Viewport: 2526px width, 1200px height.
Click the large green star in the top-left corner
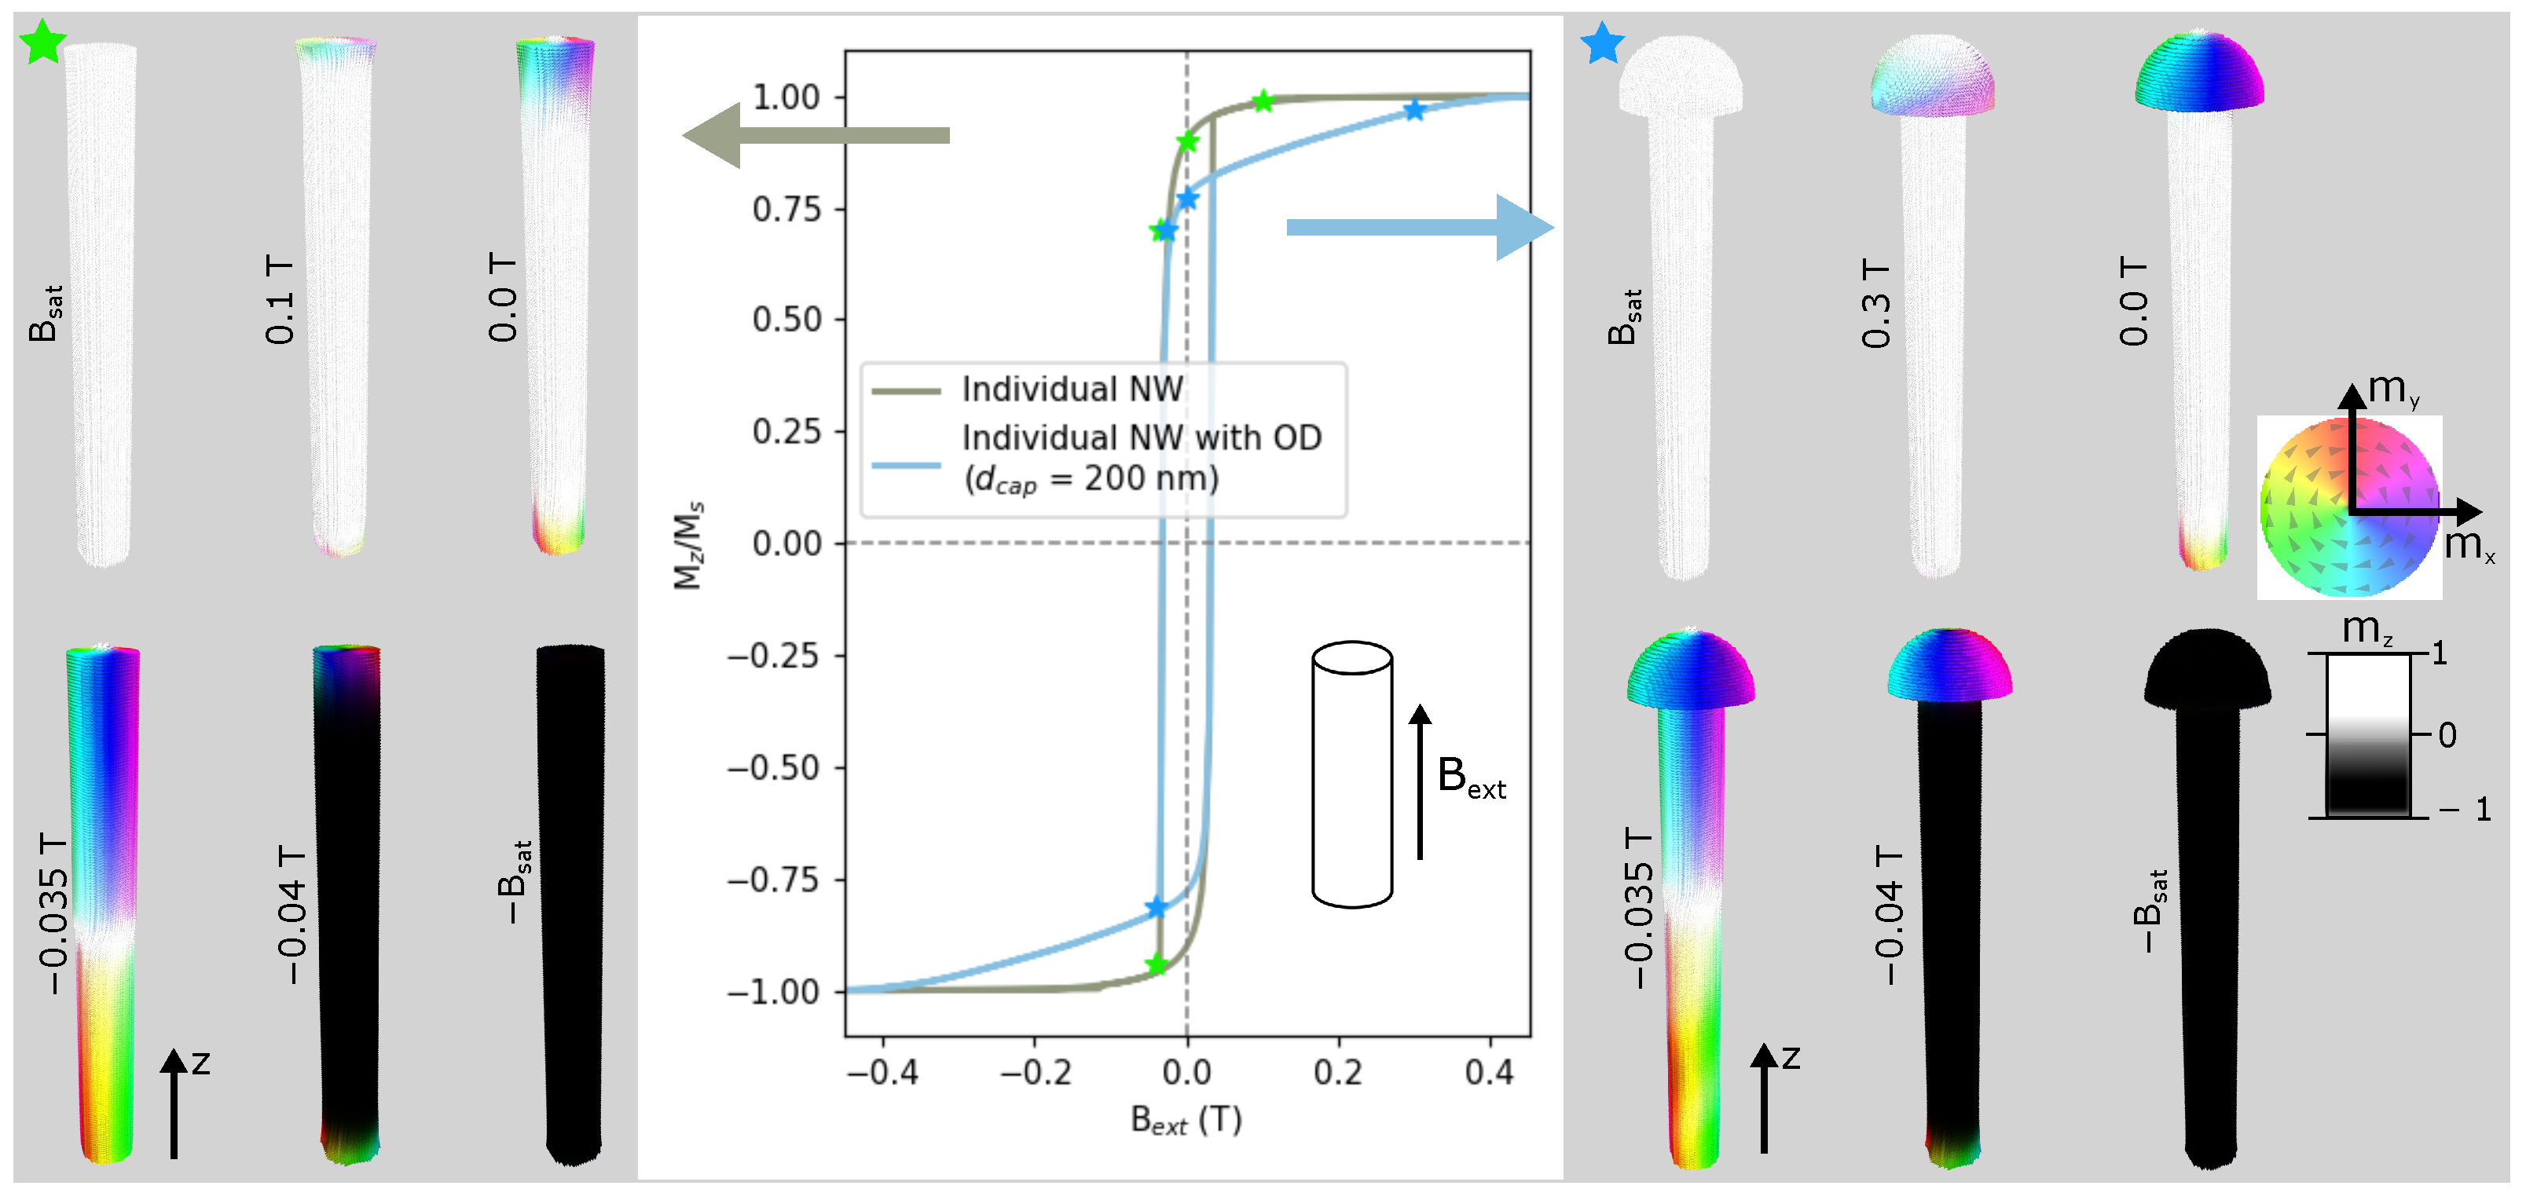[42, 43]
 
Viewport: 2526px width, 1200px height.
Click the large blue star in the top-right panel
[1602, 44]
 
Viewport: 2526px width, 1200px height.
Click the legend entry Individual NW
[1072, 390]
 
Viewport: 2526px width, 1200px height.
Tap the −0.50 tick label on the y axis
[772, 767]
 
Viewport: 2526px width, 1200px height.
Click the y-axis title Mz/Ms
[688, 545]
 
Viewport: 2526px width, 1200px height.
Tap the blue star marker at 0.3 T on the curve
[1413, 110]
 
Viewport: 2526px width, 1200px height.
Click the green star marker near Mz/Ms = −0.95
[1156, 964]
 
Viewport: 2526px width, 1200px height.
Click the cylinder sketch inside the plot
[1352, 774]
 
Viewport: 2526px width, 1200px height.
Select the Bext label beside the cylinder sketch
[1470, 777]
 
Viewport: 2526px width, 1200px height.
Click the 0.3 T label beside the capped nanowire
[1875, 304]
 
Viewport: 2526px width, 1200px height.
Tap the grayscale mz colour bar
[2367, 735]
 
